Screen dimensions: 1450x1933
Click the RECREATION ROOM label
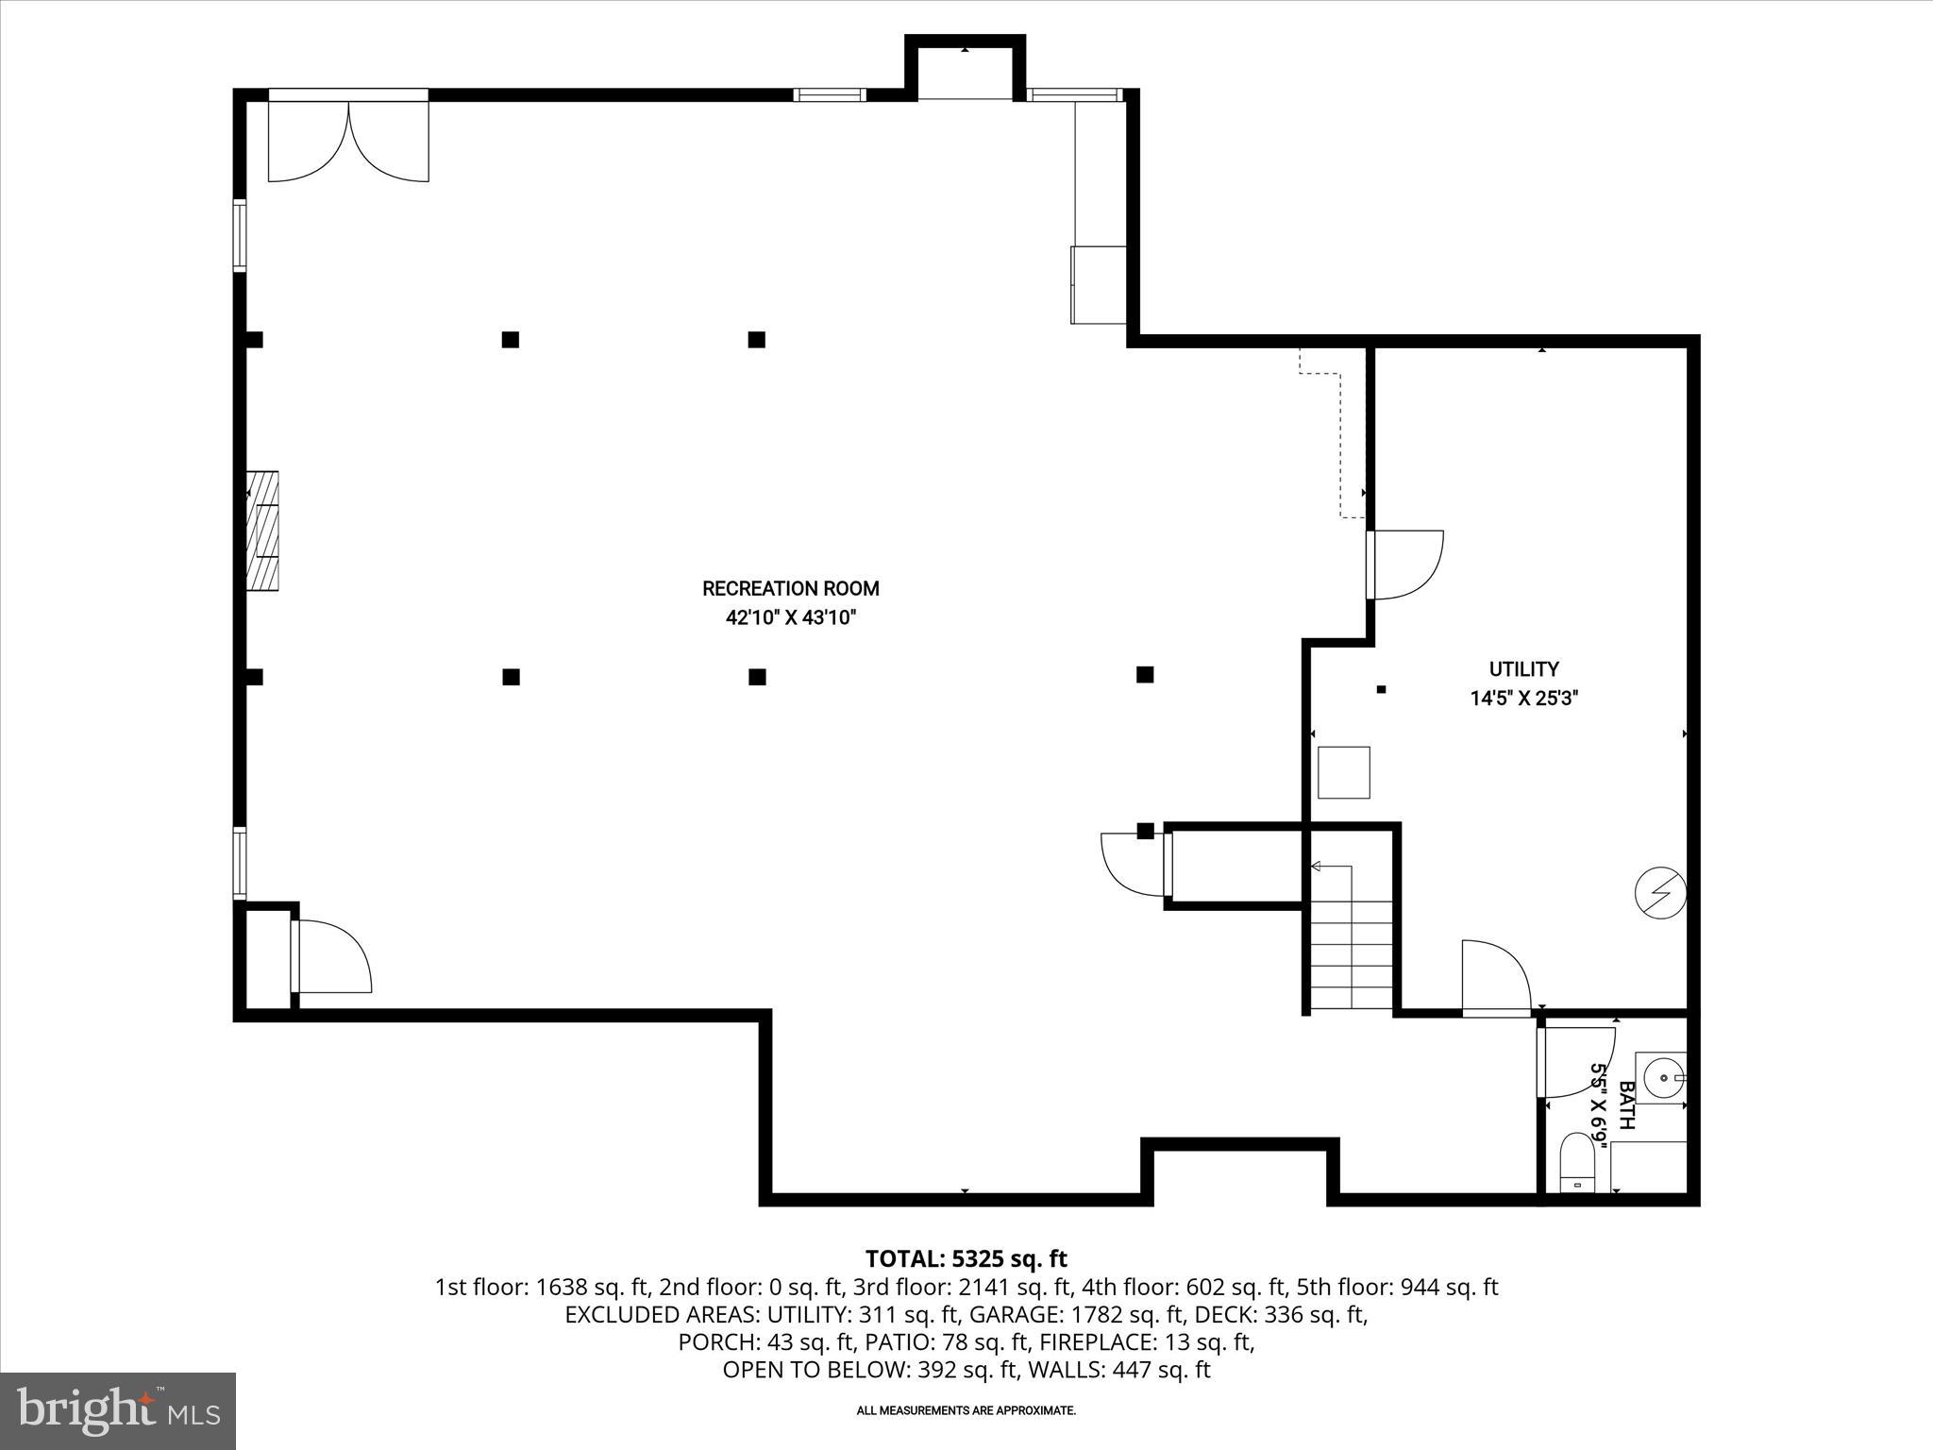[790, 588]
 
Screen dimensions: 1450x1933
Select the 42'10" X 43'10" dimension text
[790, 618]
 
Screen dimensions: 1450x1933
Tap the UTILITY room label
[1523, 669]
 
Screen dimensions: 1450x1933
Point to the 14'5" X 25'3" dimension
[1523, 699]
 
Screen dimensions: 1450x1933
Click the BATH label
[1626, 1105]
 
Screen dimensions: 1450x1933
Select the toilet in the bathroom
[1575, 1163]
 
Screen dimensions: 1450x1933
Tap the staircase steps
[1352, 953]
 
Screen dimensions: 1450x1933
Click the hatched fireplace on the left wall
[262, 531]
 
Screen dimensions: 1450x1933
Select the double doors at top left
[348, 140]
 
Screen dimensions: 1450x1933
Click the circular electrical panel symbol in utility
[1660, 893]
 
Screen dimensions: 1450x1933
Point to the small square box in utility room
[1343, 772]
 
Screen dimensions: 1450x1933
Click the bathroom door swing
[1573, 1062]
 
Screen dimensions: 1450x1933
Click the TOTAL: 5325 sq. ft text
[966, 1258]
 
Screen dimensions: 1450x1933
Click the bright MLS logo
[118, 1410]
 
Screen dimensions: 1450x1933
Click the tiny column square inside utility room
[1381, 689]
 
